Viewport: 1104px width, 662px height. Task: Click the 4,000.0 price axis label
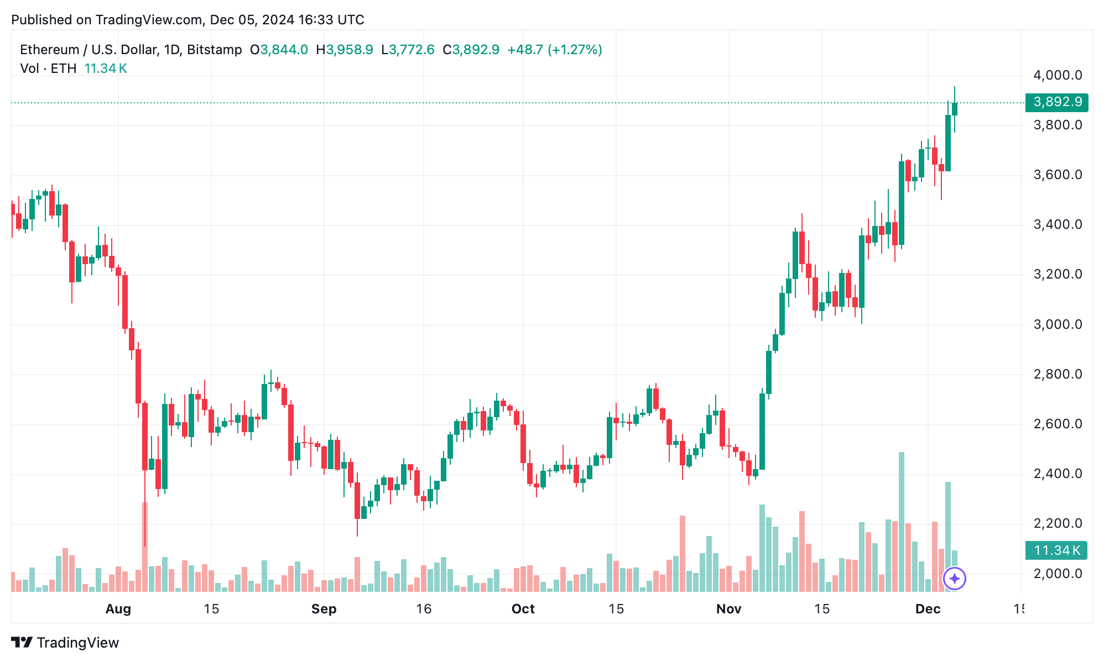[1057, 75]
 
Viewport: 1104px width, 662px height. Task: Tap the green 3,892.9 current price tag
[1056, 102]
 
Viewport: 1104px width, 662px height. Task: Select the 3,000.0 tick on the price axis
[1057, 324]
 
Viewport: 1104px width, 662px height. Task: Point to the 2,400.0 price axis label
[1057, 474]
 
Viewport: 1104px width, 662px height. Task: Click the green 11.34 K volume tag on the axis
[1056, 550]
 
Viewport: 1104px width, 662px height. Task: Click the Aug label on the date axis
[118, 609]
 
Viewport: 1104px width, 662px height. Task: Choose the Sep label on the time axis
[324, 609]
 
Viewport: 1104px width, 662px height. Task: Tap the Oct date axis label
[523, 609]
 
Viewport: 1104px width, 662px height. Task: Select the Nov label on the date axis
[728, 609]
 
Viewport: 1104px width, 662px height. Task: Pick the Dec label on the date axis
[928, 609]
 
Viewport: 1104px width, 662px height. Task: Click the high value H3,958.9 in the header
[344, 50]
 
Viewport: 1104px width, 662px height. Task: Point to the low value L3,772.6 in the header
[408, 50]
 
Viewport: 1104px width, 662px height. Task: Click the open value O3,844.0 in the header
[279, 50]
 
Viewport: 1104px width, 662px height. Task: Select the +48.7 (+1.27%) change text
[554, 50]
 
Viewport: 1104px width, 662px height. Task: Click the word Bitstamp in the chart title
[214, 50]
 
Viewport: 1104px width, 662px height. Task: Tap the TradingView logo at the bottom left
[65, 643]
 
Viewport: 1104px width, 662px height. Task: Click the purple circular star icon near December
[954, 579]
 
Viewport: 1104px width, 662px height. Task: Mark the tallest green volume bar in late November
[902, 522]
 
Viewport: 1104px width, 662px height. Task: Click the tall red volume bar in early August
[145, 547]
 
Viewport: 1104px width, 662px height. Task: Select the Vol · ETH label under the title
[48, 69]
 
